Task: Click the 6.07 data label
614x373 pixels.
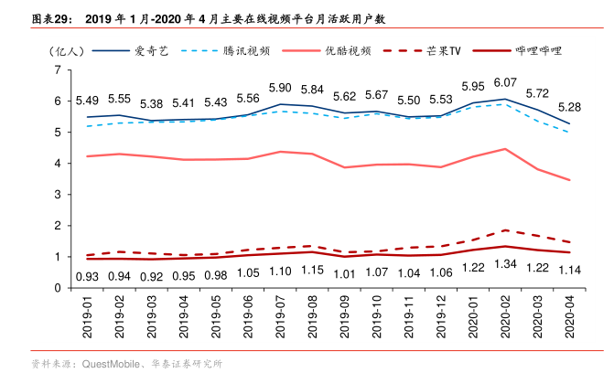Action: pos(505,82)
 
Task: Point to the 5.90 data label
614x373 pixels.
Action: pos(281,88)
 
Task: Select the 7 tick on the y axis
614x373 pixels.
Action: pos(57,69)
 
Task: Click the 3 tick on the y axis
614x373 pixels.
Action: pos(57,195)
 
